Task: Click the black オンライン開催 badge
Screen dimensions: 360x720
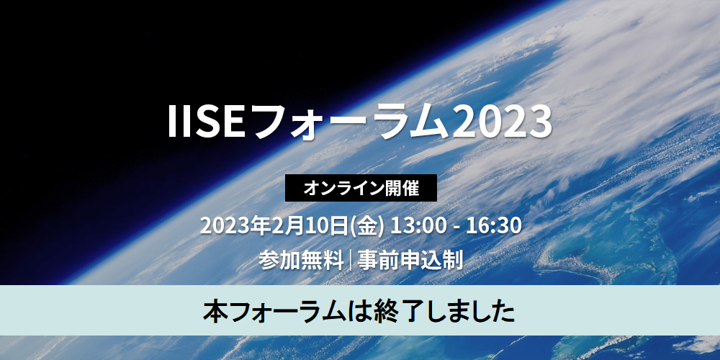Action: (361, 189)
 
